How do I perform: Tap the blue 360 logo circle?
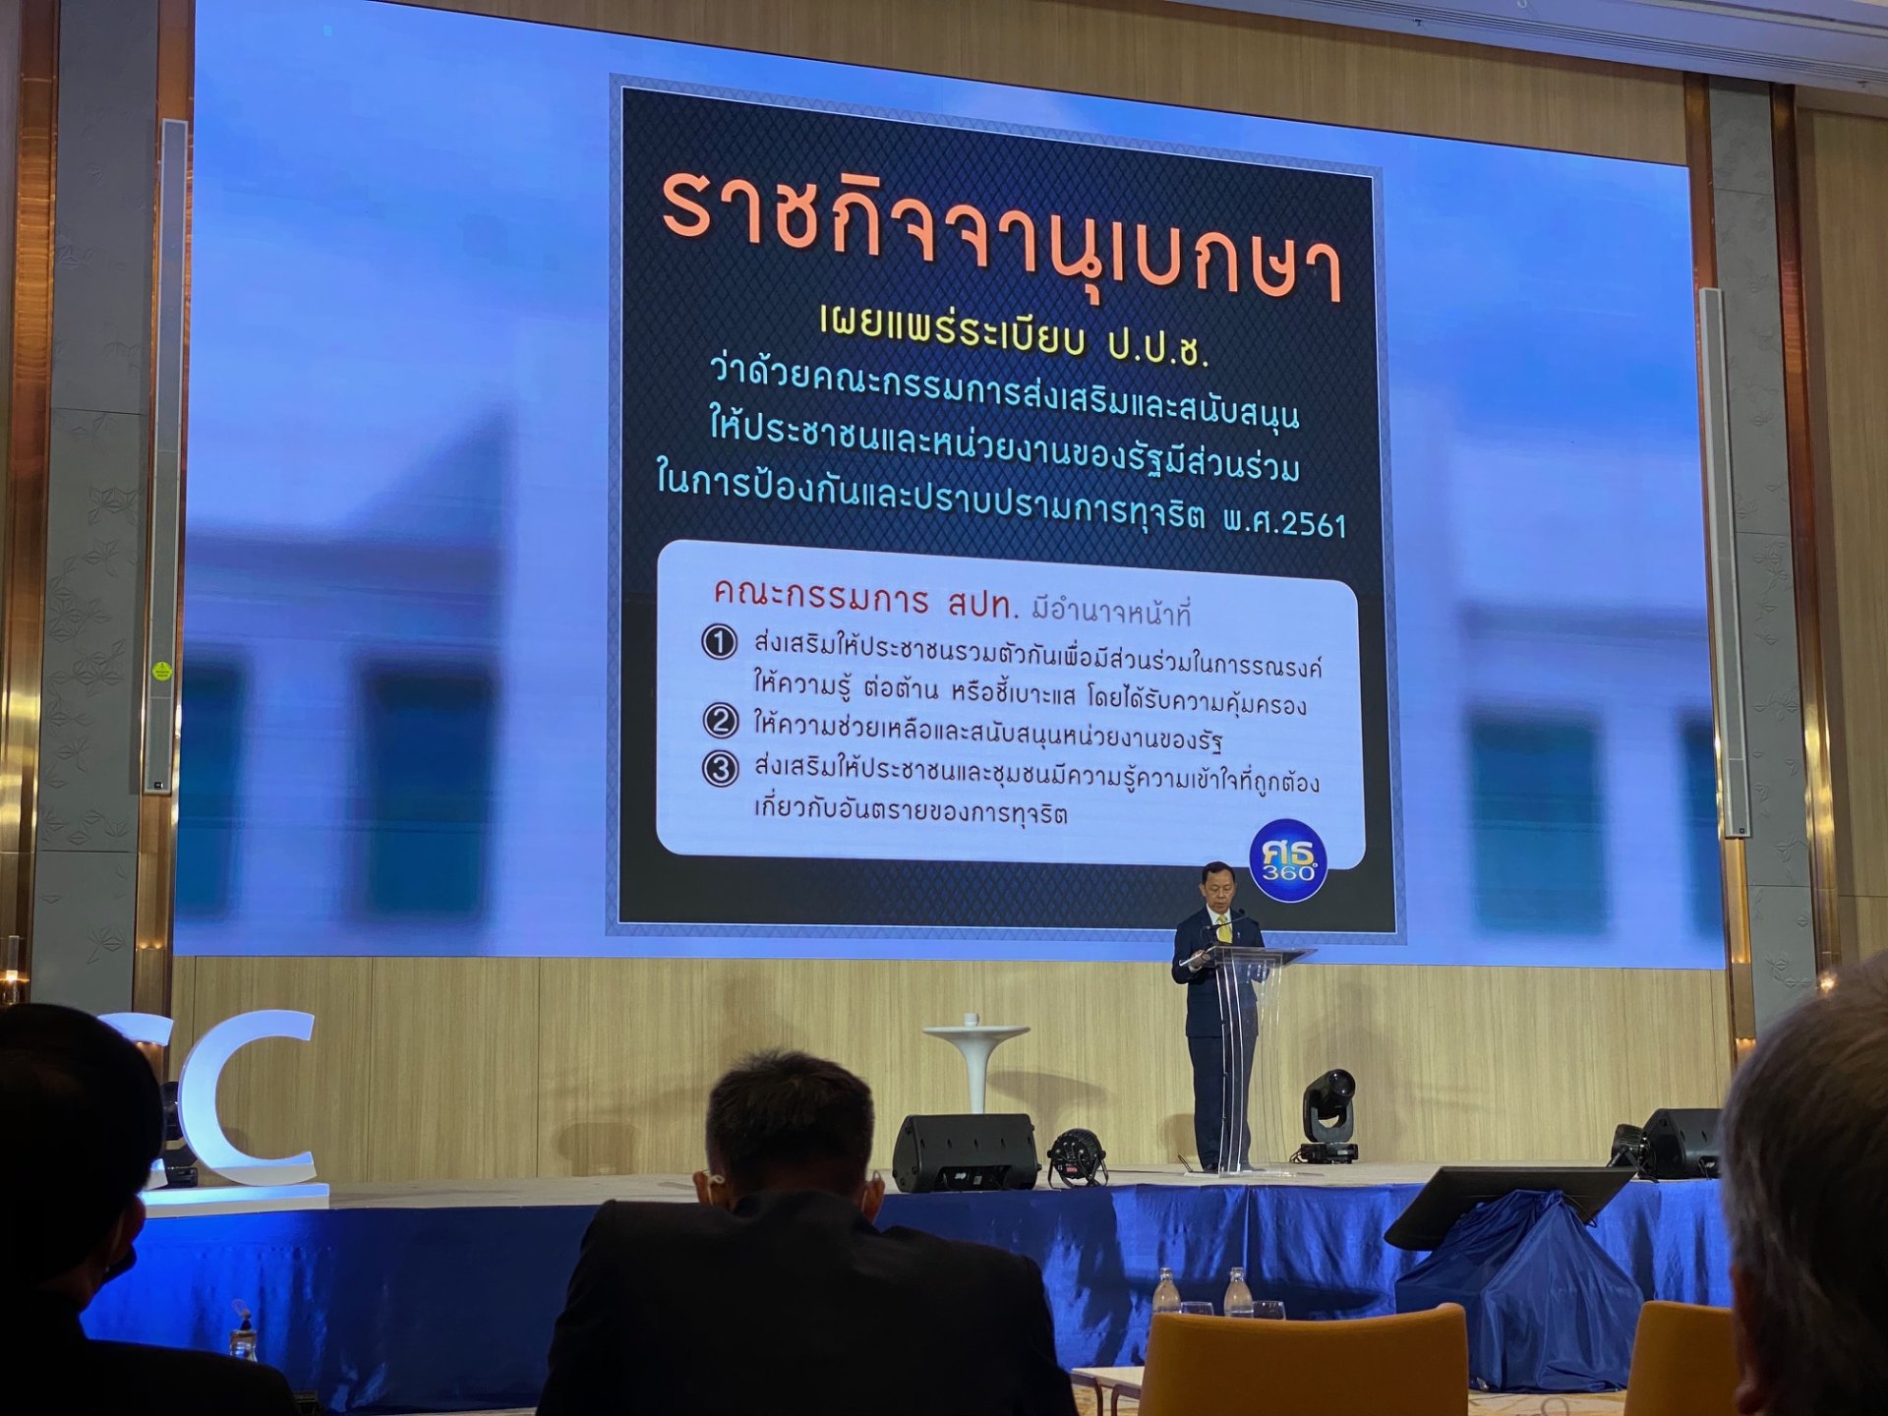pyautogui.click(x=1287, y=859)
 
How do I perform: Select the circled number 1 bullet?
pyautogui.click(x=719, y=643)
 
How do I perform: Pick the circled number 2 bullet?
pyautogui.click(x=721, y=721)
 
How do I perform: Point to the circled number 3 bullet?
pyautogui.click(x=721, y=768)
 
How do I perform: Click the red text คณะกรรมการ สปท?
pyautogui.click(x=865, y=599)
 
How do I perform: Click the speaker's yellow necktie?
pyautogui.click(x=1223, y=927)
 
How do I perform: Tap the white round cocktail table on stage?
pyautogui.click(x=975, y=1067)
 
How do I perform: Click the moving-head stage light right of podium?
pyautogui.click(x=1328, y=1116)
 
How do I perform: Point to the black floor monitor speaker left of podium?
pyautogui.click(x=965, y=1152)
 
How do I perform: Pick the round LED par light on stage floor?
pyautogui.click(x=1077, y=1157)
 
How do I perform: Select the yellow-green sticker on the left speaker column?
pyautogui.click(x=159, y=671)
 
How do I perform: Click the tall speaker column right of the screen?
pyautogui.click(x=1726, y=560)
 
